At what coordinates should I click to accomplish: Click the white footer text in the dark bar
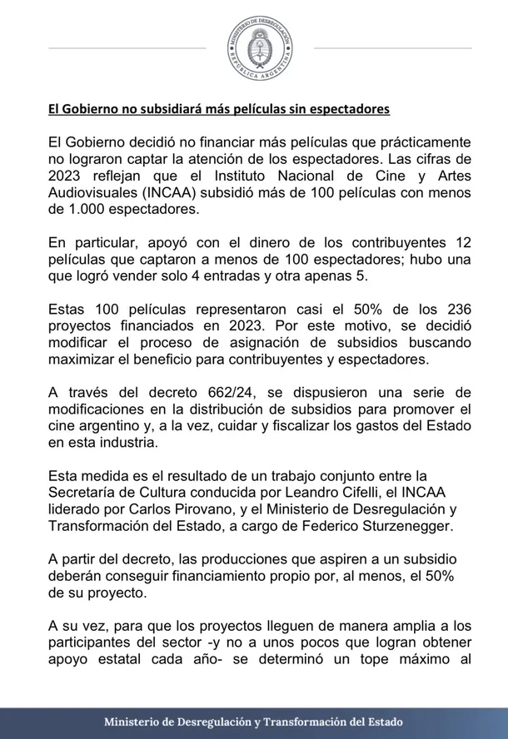coord(253,722)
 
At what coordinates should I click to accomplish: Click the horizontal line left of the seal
coord(126,48)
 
